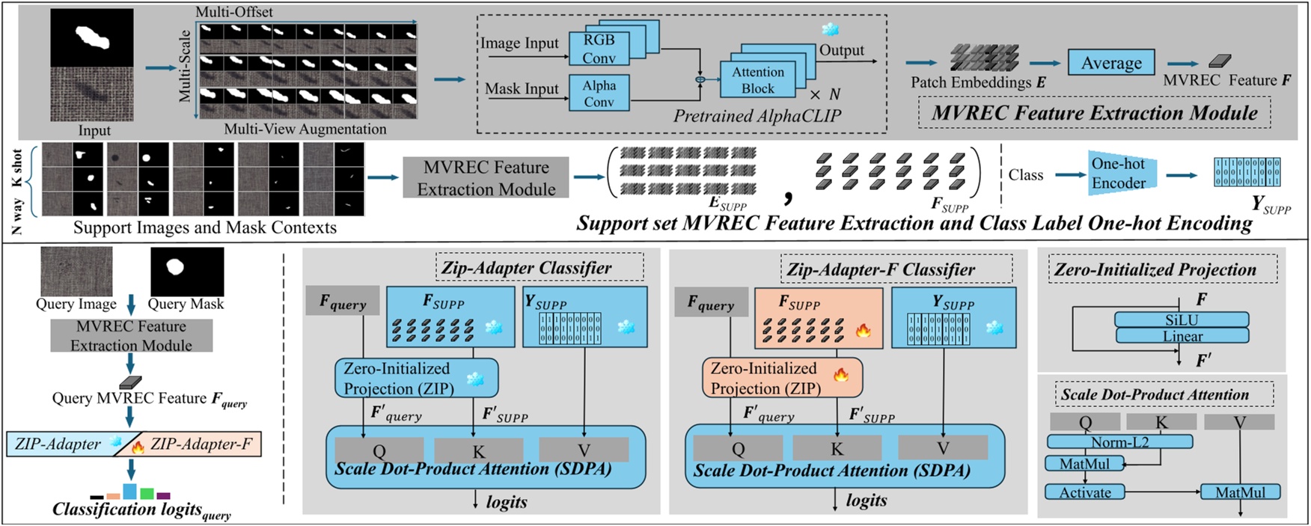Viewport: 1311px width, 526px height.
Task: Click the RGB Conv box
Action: [599, 49]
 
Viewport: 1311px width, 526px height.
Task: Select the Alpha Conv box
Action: [599, 93]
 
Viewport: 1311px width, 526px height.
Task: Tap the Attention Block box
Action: [757, 80]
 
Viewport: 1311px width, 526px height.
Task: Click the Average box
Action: [1110, 63]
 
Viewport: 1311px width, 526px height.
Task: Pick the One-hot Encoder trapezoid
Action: [1118, 173]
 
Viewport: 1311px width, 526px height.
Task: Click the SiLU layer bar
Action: [1181, 319]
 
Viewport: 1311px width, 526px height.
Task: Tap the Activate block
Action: [1084, 492]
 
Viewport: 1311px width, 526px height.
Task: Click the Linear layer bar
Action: [1181, 336]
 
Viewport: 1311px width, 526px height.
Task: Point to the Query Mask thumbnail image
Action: [186, 272]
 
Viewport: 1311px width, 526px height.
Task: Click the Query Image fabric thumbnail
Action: [76, 272]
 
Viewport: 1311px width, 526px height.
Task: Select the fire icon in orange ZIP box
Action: [841, 374]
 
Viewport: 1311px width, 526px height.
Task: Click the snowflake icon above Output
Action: [830, 30]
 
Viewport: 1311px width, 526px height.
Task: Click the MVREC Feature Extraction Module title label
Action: [1094, 113]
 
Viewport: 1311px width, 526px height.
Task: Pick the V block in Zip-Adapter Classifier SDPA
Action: [584, 450]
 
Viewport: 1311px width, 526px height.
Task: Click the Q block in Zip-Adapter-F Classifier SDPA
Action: [738, 448]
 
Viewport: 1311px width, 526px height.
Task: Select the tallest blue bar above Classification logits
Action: [129, 492]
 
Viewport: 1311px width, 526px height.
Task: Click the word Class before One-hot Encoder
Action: [1025, 174]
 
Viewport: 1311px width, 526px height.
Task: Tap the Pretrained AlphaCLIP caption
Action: [757, 116]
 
